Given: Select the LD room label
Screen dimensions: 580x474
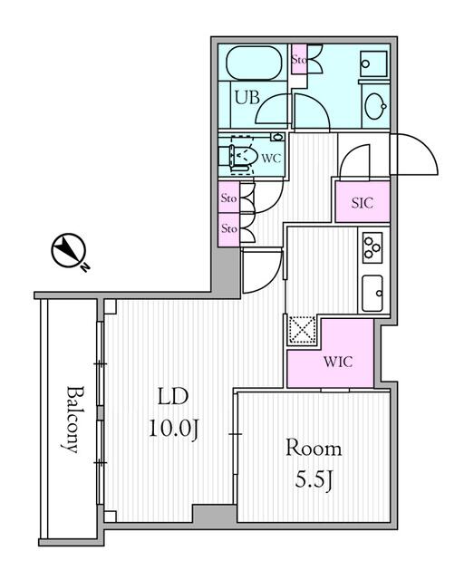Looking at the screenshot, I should pyautogui.click(x=172, y=396).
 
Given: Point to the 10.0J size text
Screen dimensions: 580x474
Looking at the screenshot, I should pyautogui.click(x=172, y=428).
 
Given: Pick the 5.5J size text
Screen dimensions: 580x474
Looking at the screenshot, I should pyautogui.click(x=314, y=478).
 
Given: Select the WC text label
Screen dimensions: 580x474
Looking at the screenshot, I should pyautogui.click(x=270, y=158).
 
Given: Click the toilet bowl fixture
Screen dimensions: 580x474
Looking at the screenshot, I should pyautogui.click(x=241, y=156).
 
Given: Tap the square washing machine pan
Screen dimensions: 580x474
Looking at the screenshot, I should pyautogui.click(x=373, y=63).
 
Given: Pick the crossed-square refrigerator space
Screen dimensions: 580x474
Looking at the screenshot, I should pyautogui.click(x=300, y=330).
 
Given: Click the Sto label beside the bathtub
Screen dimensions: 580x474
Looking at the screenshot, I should pyautogui.click(x=299, y=61).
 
